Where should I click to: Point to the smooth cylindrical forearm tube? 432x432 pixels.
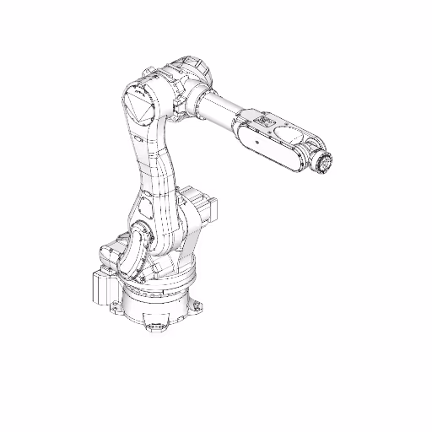(221, 109)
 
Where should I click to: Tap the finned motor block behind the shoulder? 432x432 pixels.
(202, 207)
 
